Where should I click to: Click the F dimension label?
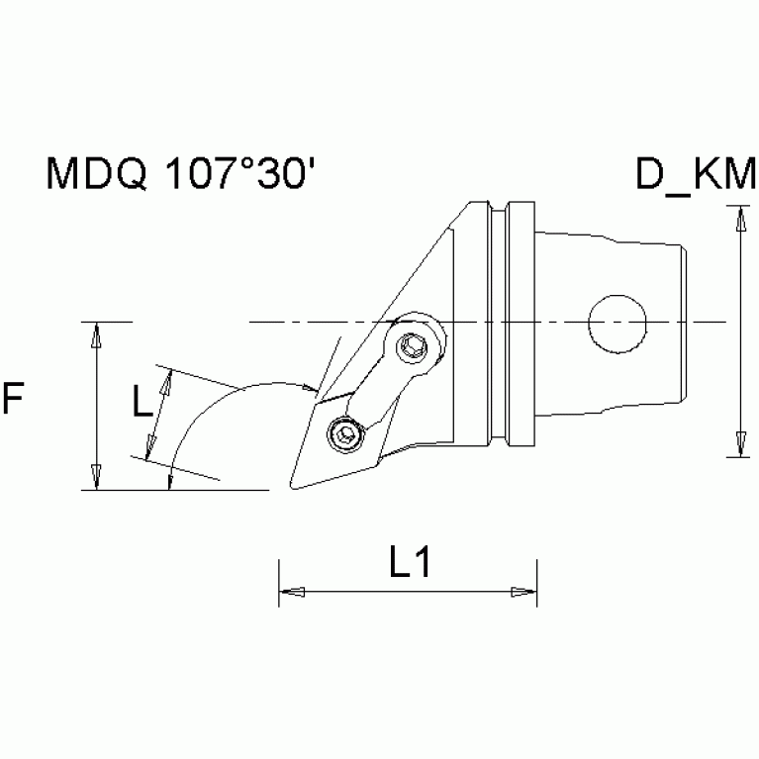click(13, 400)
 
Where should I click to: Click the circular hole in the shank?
click(617, 322)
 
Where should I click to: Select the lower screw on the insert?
click(343, 435)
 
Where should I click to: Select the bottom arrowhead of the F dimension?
click(95, 477)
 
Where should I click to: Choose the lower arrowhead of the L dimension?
click(150, 450)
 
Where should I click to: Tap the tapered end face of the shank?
click(684, 322)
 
